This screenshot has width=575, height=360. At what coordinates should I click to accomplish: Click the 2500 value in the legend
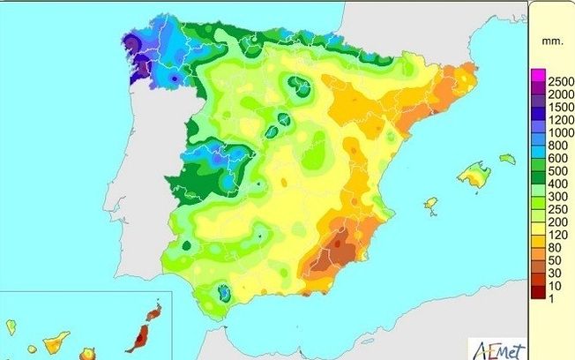(x=552, y=79)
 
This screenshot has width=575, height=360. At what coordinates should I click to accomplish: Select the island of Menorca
(x=507, y=159)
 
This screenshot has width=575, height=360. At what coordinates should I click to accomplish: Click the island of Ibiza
(x=430, y=204)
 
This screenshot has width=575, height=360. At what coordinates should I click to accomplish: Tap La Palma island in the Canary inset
(x=11, y=327)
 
